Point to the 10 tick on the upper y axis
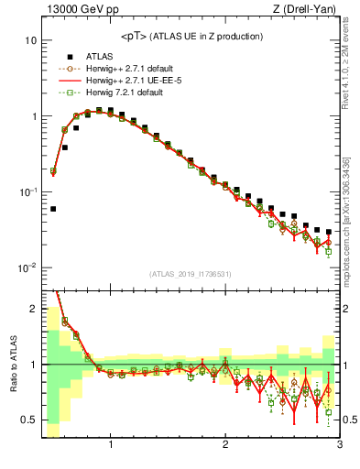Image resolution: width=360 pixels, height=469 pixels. point(30,41)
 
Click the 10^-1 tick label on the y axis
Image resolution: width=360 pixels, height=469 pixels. point(27,192)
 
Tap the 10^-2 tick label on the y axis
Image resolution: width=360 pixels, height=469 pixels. point(27,268)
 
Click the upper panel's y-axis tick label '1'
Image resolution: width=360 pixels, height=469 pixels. point(33,117)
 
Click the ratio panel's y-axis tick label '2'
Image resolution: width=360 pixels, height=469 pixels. point(33,309)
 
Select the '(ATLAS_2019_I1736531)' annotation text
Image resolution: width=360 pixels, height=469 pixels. point(191,274)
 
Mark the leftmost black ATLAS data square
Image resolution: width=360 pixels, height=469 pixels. point(53,209)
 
